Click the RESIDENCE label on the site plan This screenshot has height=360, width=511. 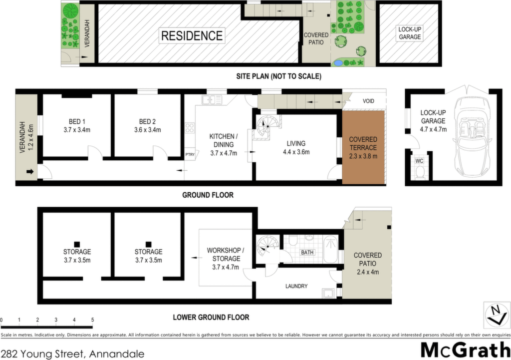[x=192, y=35]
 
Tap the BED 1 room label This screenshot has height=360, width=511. [x=77, y=122]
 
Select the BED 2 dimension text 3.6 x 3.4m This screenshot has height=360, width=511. [x=147, y=130]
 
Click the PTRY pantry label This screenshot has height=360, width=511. [x=190, y=155]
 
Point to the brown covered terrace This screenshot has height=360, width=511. [x=363, y=147]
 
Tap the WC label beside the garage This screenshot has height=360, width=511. [x=419, y=161]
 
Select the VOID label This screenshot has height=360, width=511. [x=368, y=101]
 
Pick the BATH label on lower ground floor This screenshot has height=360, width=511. [x=307, y=252]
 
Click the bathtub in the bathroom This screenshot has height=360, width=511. [x=330, y=250]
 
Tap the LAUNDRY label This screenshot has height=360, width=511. [x=296, y=286]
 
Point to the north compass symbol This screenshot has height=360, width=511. [x=497, y=316]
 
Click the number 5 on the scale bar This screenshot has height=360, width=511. [x=92, y=320]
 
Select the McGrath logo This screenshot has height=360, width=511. [x=466, y=350]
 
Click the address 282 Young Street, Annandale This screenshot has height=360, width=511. [x=72, y=354]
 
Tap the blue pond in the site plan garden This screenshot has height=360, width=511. [x=338, y=62]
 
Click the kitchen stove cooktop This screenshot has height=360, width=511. [x=190, y=128]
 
